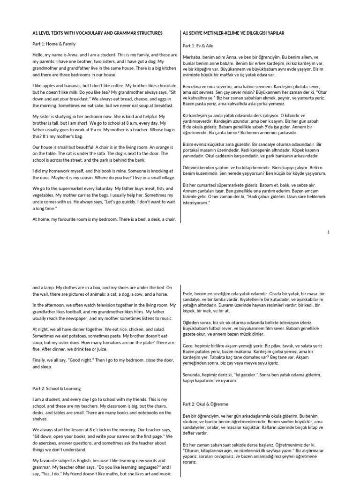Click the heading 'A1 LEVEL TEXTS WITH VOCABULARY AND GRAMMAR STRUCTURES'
click(97, 34)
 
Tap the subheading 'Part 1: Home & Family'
click(52, 44)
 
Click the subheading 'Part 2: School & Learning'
click(56, 388)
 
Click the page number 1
click(328, 232)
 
